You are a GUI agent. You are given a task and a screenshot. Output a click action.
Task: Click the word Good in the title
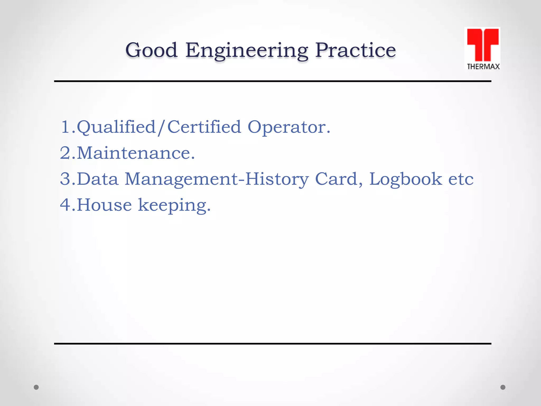pos(151,50)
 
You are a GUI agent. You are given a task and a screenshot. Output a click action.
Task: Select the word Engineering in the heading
pos(246,51)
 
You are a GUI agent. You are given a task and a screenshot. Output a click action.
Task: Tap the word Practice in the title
pos(355,50)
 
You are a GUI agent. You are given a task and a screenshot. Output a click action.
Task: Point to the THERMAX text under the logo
pos(483,67)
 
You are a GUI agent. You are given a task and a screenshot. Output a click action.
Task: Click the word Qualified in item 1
pos(116,127)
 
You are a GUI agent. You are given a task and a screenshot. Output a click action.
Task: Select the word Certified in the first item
pos(204,127)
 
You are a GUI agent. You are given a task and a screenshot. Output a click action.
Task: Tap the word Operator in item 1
pos(286,128)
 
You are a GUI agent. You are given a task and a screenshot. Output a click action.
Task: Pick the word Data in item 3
pos(97,179)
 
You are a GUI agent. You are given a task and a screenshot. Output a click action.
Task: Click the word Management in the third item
pos(181,179)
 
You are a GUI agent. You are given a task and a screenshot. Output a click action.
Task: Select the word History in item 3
pos(277,179)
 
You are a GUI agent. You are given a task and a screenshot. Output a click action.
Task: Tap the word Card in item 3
pos(336,179)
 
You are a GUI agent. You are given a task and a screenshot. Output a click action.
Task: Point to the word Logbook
pos(405,179)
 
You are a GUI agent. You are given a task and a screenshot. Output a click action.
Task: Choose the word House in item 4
pos(104,205)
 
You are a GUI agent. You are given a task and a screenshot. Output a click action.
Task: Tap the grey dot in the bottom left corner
pos(36,387)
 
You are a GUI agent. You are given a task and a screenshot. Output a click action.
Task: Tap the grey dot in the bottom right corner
pos(503,387)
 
